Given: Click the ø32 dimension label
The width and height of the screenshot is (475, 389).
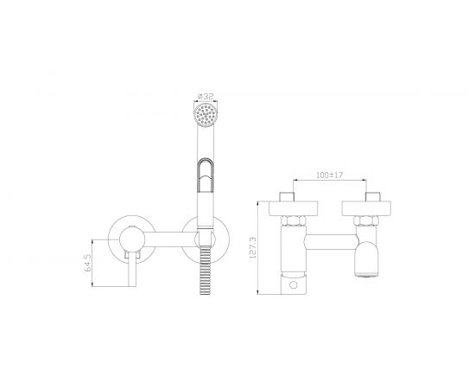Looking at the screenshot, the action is (x=206, y=97).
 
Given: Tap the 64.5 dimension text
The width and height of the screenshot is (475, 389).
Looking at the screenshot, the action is (x=87, y=263).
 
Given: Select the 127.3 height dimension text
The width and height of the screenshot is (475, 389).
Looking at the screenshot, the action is (x=253, y=248).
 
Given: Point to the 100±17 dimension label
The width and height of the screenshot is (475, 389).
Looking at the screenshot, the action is (x=330, y=175).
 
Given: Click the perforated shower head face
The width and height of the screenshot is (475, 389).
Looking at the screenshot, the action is (x=206, y=114).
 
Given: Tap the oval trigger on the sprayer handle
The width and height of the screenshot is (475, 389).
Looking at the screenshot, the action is (x=206, y=175).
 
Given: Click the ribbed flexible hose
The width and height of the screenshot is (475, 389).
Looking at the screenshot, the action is (x=206, y=270).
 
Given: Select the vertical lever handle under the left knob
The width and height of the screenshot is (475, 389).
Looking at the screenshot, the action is (x=132, y=269).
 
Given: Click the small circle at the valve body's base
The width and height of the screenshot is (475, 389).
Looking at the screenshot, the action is (x=294, y=284).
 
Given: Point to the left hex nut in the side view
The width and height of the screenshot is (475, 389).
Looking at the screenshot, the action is (x=294, y=220).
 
